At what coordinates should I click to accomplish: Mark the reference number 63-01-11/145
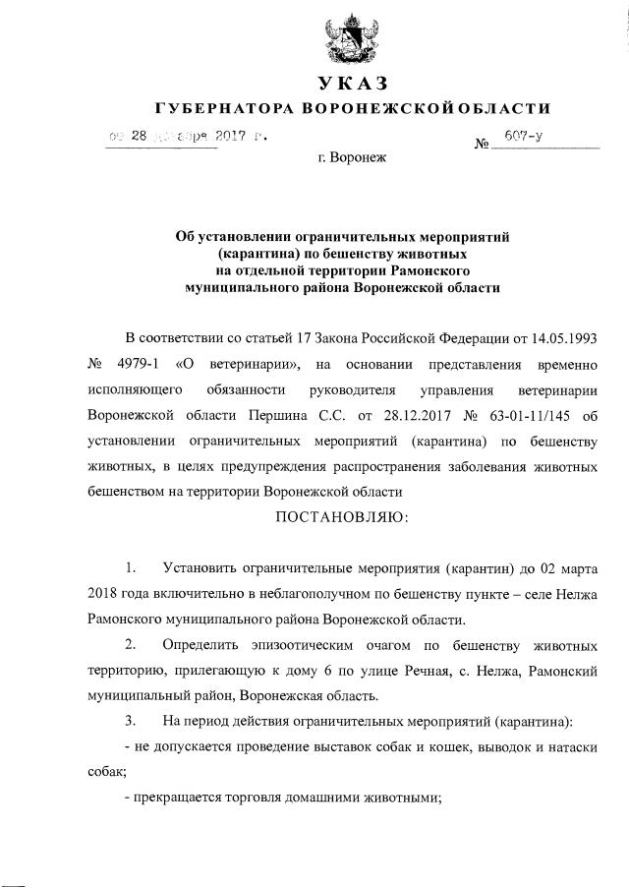507,415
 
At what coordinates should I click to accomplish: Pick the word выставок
380,747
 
